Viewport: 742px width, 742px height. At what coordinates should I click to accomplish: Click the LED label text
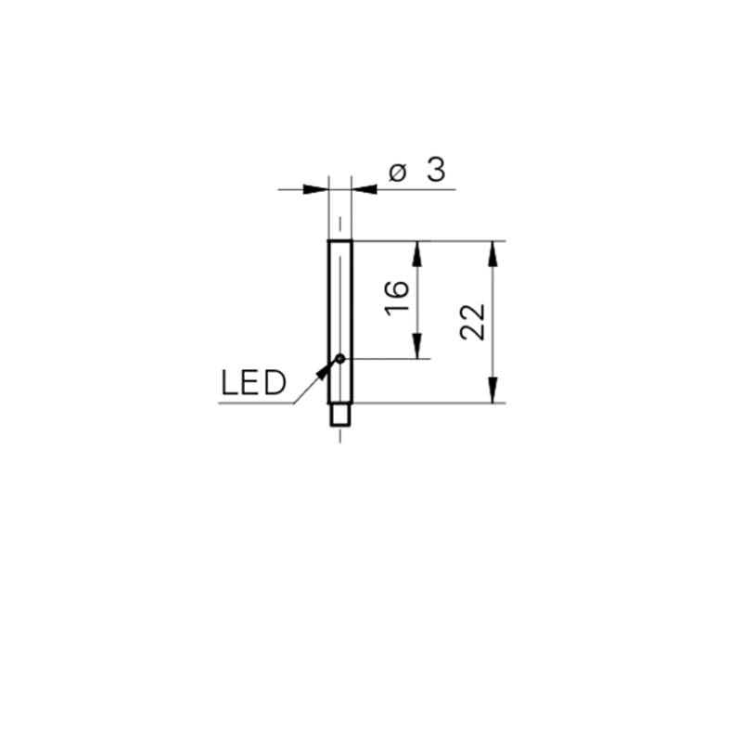click(253, 383)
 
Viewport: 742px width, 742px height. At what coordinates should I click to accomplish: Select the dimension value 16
click(397, 298)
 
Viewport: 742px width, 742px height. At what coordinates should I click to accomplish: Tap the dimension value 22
click(473, 322)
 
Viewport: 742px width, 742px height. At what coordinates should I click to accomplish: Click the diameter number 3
click(436, 170)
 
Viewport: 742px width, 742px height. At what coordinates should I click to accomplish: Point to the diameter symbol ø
click(398, 173)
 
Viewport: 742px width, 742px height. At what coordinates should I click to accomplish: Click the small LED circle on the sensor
click(340, 359)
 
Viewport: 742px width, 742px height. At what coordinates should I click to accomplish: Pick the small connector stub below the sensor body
click(340, 415)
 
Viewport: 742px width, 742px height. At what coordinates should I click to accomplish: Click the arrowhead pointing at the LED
click(324, 372)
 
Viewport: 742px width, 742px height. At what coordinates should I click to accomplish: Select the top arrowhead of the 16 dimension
click(416, 253)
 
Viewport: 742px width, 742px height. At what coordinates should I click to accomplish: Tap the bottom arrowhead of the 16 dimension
click(416, 346)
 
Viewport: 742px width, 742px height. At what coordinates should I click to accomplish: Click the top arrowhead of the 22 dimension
click(493, 253)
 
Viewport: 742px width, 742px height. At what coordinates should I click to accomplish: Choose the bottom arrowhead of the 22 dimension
click(493, 390)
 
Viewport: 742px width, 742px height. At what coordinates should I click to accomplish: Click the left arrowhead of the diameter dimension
click(315, 189)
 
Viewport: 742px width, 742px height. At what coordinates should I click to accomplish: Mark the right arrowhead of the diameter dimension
click(365, 189)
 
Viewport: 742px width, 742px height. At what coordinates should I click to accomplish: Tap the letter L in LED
click(229, 383)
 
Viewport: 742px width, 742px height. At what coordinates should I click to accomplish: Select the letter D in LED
click(275, 383)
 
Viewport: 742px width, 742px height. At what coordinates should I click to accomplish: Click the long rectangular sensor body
click(340, 322)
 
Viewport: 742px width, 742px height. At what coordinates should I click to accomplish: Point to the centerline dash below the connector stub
click(340, 436)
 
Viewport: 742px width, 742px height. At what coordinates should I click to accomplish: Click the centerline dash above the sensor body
click(340, 224)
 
